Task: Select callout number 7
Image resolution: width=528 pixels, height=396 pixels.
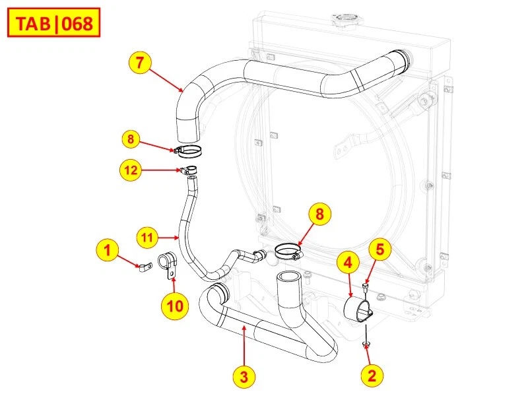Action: click(x=140, y=63)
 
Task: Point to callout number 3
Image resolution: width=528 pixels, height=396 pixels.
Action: click(x=244, y=376)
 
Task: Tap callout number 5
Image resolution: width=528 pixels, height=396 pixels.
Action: click(x=380, y=249)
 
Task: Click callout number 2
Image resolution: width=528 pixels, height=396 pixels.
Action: click(x=372, y=376)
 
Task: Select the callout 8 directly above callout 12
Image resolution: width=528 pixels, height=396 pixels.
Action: click(x=131, y=139)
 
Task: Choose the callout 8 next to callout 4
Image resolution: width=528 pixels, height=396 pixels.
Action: click(x=319, y=214)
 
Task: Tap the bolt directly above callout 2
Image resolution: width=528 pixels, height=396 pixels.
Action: click(x=365, y=344)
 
